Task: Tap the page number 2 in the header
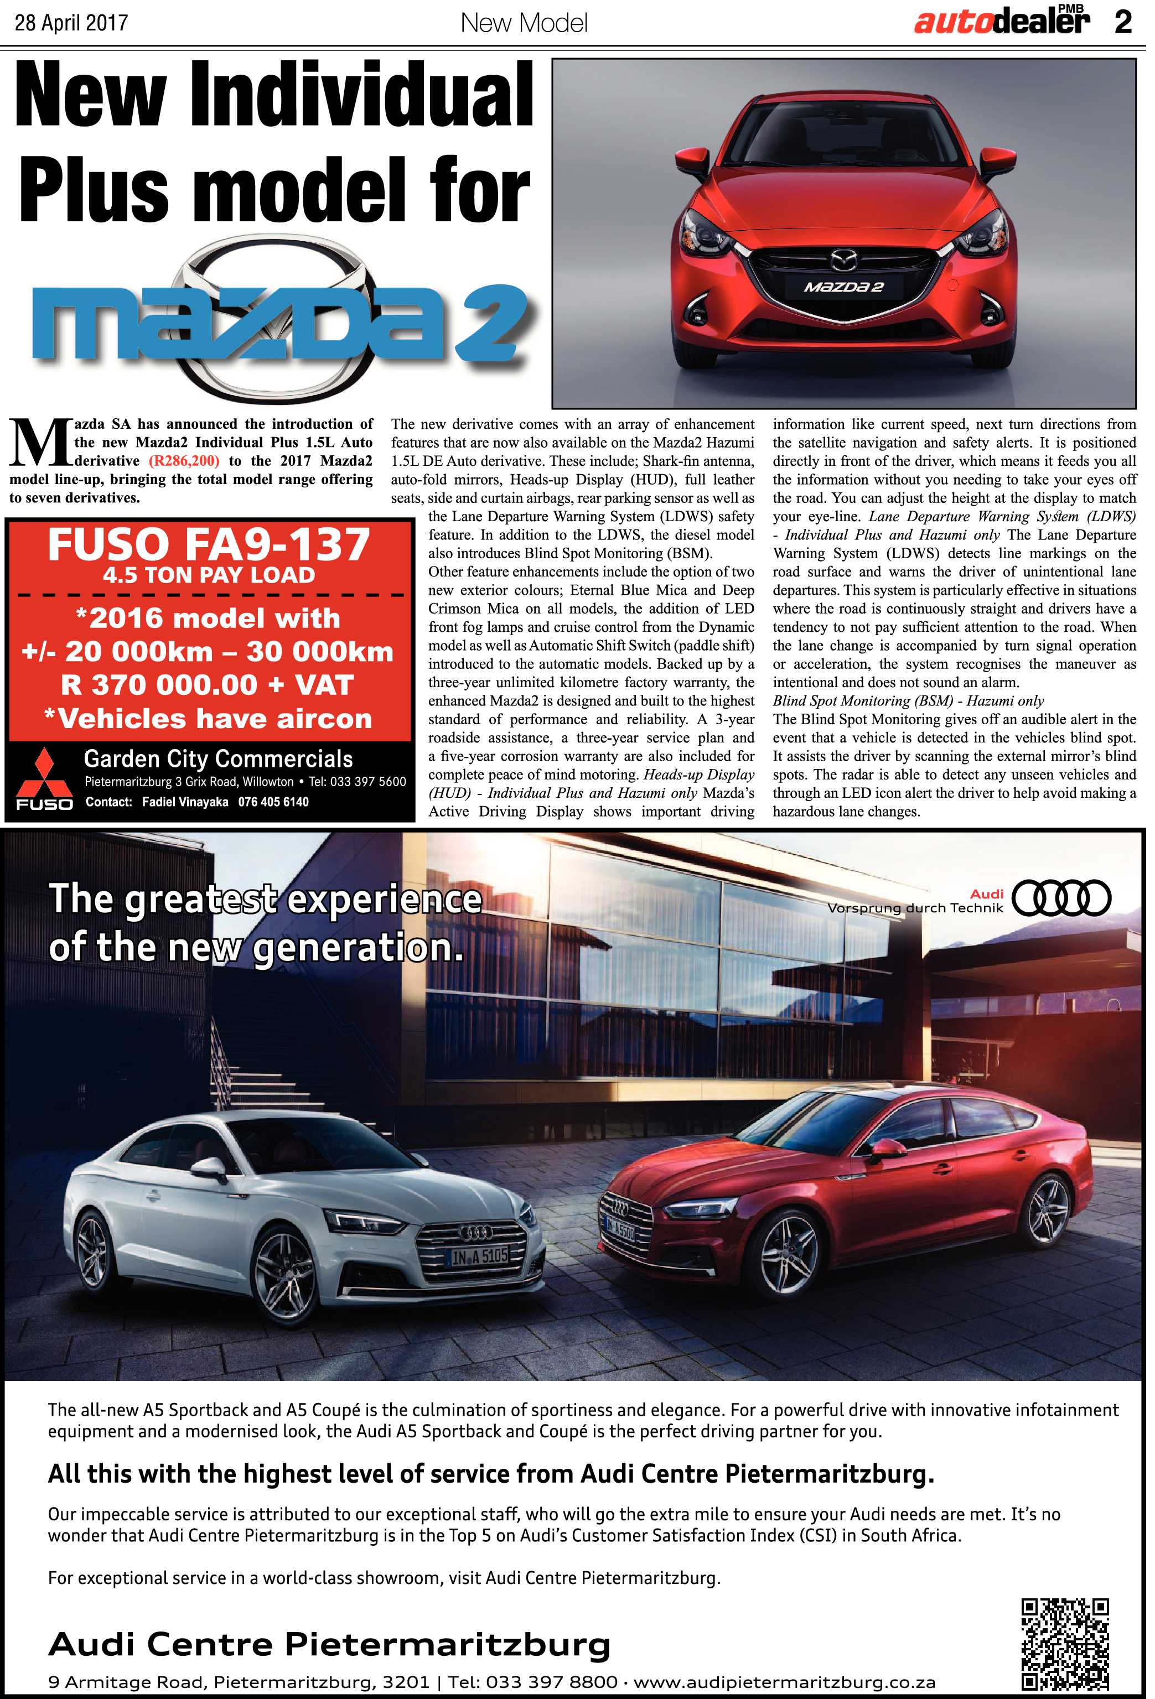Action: point(1123,23)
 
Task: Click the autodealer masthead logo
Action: point(1001,22)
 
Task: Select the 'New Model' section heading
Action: point(524,23)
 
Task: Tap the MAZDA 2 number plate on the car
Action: point(843,287)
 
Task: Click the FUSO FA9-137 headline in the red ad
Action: point(209,544)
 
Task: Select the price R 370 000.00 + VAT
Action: point(208,685)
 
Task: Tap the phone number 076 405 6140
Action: point(273,802)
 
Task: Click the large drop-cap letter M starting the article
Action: point(38,443)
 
